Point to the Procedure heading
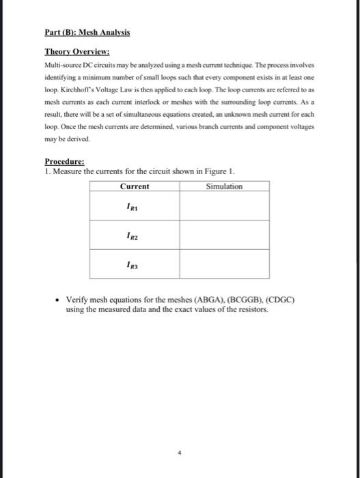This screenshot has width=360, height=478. [x=64, y=163]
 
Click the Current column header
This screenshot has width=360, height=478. [x=135, y=186]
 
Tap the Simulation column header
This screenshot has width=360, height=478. [x=223, y=186]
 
